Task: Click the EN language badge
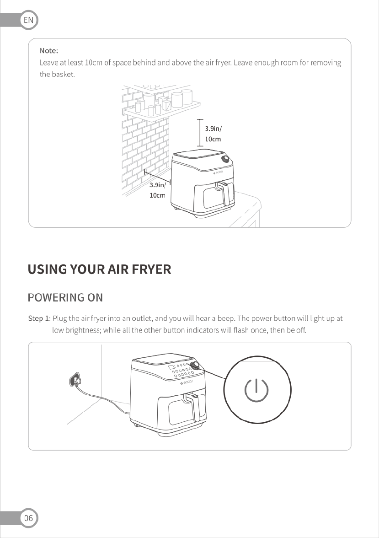[x=28, y=20]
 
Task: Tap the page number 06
[x=28, y=518]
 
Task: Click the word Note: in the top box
[x=49, y=51]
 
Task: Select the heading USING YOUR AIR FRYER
[x=99, y=269]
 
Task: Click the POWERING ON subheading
[x=65, y=297]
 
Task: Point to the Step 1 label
[x=39, y=318]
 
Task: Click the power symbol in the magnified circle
[x=256, y=390]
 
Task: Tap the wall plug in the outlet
[x=75, y=380]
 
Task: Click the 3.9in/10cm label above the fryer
[x=214, y=134]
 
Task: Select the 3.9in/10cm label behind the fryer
[x=157, y=190]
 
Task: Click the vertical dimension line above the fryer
[x=200, y=133]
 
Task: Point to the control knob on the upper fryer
[x=225, y=159]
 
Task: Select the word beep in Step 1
[x=226, y=319]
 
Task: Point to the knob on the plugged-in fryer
[x=195, y=365]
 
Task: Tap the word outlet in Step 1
[x=142, y=318]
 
